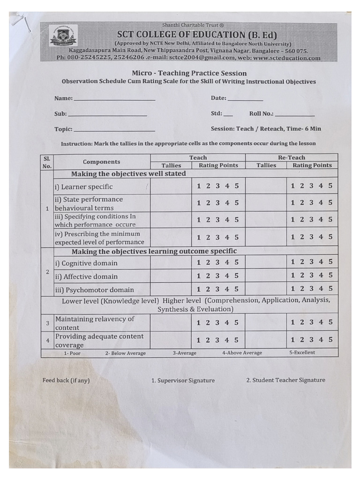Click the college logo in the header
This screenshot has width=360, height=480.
[63, 36]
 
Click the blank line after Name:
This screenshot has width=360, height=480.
[114, 99]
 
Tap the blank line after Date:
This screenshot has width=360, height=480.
[245, 99]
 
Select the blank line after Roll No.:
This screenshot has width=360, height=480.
[295, 115]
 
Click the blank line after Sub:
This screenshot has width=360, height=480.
[107, 115]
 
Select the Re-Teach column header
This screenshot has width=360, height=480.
[291, 157]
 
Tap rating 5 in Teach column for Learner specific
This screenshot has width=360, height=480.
[237, 186]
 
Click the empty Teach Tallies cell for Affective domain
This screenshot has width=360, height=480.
[171, 276]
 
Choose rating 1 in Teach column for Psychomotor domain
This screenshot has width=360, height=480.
[199, 289]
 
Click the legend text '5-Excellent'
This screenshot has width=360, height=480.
[302, 352]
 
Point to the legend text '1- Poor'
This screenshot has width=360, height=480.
[72, 353]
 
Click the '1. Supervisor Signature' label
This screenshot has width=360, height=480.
[183, 381]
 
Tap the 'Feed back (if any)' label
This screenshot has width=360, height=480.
[66, 381]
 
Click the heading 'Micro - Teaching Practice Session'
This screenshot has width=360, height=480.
[189, 73]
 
